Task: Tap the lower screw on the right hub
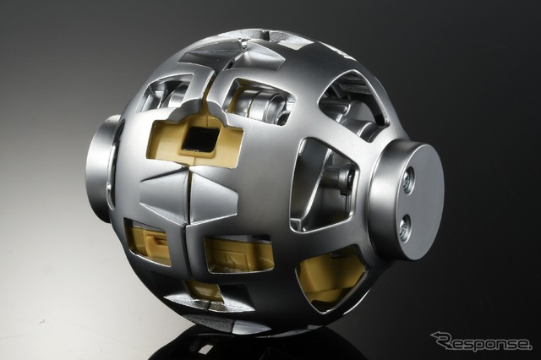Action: point(405,226)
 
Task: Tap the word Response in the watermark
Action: point(485,342)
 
